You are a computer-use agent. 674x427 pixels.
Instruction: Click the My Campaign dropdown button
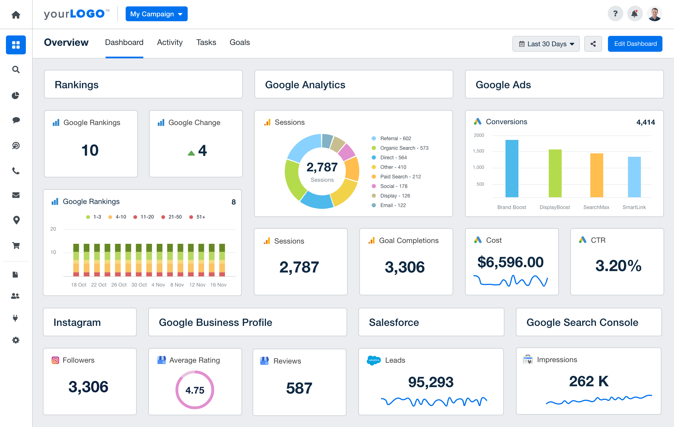pyautogui.click(x=156, y=14)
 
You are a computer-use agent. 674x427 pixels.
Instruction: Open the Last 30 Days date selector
pyautogui.click(x=546, y=44)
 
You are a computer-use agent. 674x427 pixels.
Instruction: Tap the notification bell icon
pyautogui.click(x=634, y=14)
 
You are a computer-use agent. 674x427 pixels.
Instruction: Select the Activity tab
pyautogui.click(x=170, y=42)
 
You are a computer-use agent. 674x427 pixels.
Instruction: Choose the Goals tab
pyautogui.click(x=240, y=42)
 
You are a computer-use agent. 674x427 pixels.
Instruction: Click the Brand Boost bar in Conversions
pyautogui.click(x=512, y=169)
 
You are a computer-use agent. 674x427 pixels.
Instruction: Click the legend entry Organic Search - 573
pyautogui.click(x=404, y=148)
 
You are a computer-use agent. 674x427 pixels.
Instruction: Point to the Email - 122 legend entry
pyautogui.click(x=393, y=205)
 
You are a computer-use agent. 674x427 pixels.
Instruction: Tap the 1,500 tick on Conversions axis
pyautogui.click(x=479, y=151)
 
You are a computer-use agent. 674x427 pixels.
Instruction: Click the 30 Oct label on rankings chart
pyautogui.click(x=139, y=285)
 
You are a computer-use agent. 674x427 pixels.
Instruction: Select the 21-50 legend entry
pyautogui.click(x=175, y=217)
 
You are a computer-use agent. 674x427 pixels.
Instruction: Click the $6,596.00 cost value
pyautogui.click(x=510, y=262)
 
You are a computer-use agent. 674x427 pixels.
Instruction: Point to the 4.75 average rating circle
pyautogui.click(x=195, y=390)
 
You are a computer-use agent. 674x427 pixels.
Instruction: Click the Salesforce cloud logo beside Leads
pyautogui.click(x=374, y=360)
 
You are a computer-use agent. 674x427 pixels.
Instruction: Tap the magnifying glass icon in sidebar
pyautogui.click(x=16, y=69)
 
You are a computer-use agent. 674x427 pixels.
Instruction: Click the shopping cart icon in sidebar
pyautogui.click(x=16, y=245)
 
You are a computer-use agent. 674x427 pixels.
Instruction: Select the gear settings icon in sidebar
pyautogui.click(x=16, y=340)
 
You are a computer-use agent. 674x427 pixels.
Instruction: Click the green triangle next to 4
pyautogui.click(x=191, y=153)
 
